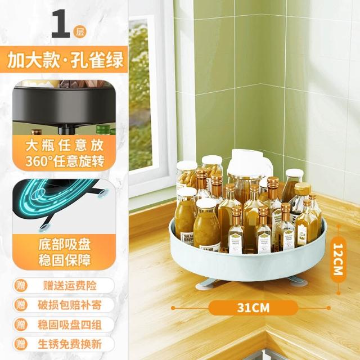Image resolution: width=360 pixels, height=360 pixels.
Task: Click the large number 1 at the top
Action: (x=60, y=24)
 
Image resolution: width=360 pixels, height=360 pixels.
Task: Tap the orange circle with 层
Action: (x=80, y=31)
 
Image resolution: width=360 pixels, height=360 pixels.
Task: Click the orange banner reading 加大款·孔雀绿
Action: (x=64, y=60)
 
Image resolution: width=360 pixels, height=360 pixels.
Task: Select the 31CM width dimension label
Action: (x=253, y=308)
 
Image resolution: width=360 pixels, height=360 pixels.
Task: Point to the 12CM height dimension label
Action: (x=338, y=259)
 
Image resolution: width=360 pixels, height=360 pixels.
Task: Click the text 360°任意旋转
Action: (x=65, y=161)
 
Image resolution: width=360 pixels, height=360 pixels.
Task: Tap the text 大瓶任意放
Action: (x=65, y=145)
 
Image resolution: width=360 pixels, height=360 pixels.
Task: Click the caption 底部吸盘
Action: (x=65, y=244)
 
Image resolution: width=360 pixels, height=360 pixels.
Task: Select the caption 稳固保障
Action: (x=65, y=260)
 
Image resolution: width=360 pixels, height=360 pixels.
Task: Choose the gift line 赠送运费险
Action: (x=70, y=286)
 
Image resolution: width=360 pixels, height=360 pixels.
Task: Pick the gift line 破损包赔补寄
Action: (x=70, y=305)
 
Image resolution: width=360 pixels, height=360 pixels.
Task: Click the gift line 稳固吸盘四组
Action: (x=70, y=325)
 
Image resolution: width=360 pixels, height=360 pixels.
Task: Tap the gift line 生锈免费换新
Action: (x=70, y=344)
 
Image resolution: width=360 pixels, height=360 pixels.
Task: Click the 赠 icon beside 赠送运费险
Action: (x=21, y=286)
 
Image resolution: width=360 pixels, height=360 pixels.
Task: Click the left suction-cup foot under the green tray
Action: (x=206, y=283)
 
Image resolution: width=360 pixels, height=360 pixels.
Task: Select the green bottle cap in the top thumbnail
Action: (x=103, y=130)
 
